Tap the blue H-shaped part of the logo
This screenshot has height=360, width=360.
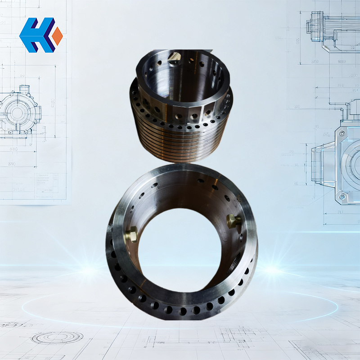click(x=36, y=35)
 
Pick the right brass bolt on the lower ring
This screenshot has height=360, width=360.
click(x=234, y=221)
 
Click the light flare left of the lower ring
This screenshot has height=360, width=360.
click(x=90, y=270)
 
